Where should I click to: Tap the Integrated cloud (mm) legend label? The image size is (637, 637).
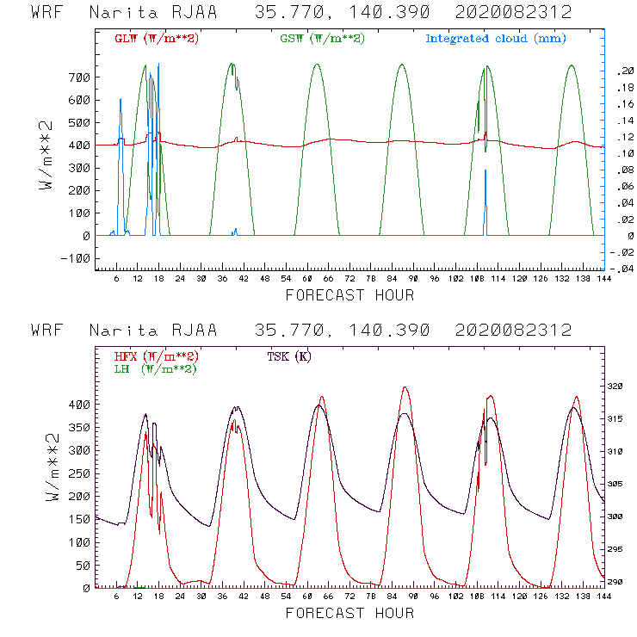(496, 39)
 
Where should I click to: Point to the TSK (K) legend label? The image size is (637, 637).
(290, 356)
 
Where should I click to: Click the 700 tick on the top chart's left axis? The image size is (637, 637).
(78, 77)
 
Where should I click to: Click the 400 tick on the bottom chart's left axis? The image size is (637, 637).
(78, 404)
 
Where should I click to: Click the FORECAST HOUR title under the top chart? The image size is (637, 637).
(349, 295)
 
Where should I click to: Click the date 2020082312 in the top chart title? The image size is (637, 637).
(514, 14)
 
